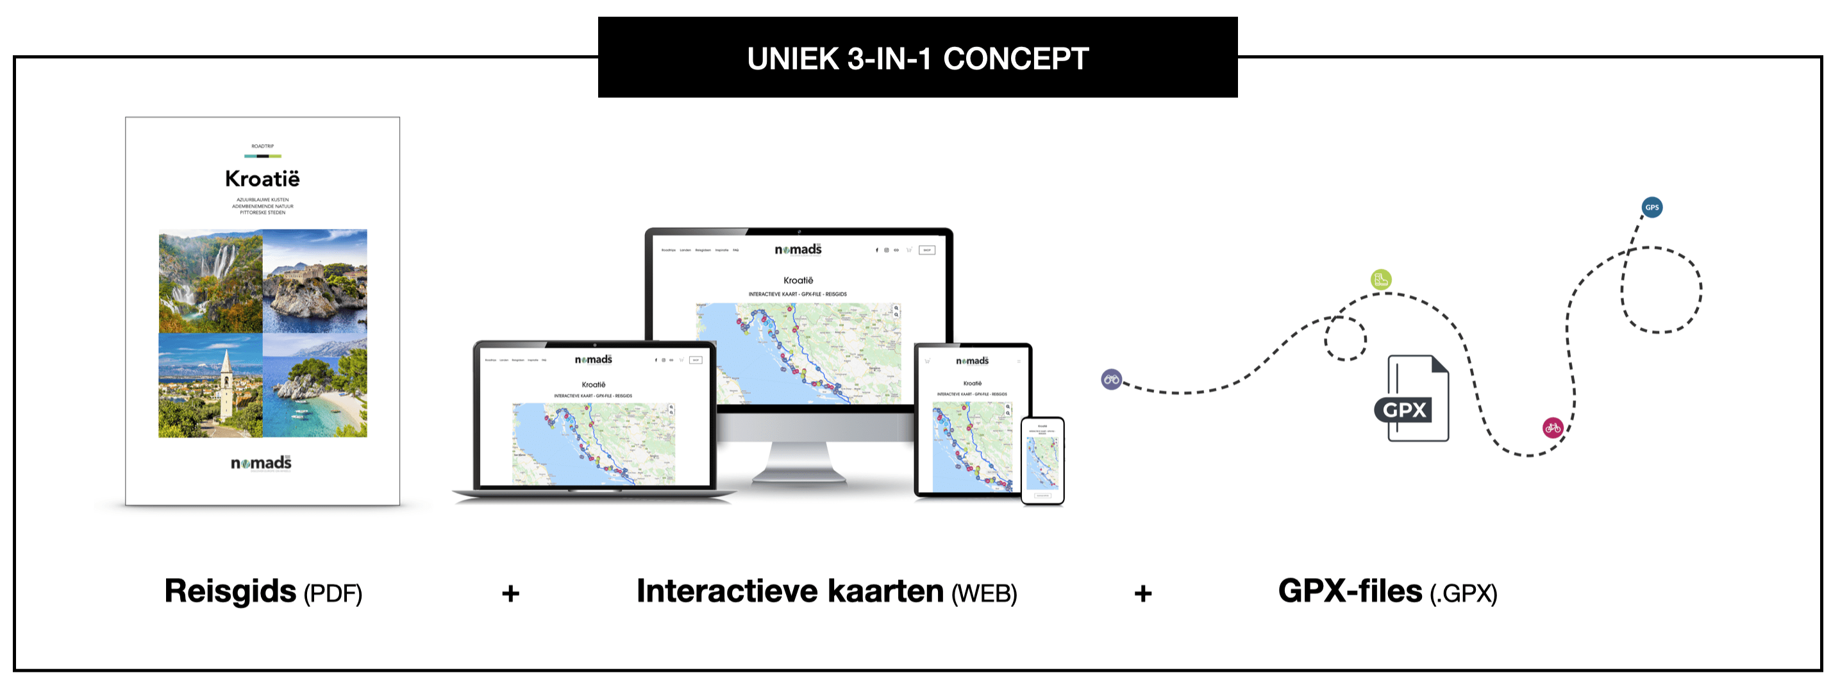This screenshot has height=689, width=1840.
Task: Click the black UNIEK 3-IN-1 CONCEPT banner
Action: pyautogui.click(x=917, y=58)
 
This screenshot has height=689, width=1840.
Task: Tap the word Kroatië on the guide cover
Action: pyautogui.click(x=262, y=179)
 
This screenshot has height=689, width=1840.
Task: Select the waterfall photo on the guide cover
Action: pyautogui.click(x=210, y=281)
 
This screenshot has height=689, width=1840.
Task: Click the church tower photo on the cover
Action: pyautogui.click(x=210, y=386)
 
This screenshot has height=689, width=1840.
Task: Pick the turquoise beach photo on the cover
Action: pyautogui.click(x=315, y=386)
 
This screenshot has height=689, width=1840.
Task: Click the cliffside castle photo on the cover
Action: pyautogui.click(x=315, y=281)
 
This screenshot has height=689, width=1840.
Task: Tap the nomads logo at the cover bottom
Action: pyautogui.click(x=261, y=463)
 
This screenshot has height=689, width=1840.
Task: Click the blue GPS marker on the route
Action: pyautogui.click(x=1652, y=207)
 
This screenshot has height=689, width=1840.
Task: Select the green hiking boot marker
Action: pyautogui.click(x=1381, y=280)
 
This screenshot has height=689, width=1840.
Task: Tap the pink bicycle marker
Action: pyautogui.click(x=1553, y=428)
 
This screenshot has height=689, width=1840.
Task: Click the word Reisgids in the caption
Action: pyautogui.click(x=230, y=591)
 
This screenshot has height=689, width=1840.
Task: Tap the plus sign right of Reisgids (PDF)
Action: pyautogui.click(x=510, y=593)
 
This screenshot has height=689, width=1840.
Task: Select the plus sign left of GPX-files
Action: pyautogui.click(x=1143, y=593)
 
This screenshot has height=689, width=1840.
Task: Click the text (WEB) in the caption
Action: pyautogui.click(x=983, y=594)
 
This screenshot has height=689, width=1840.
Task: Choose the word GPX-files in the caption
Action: pyautogui.click(x=1350, y=591)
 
